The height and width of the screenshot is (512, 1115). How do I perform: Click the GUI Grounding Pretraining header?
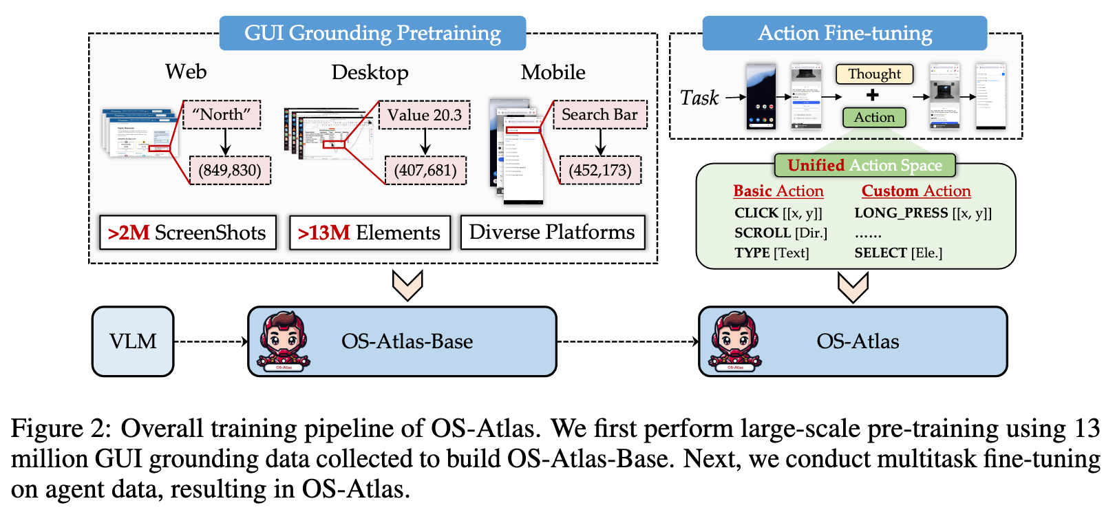(x=372, y=33)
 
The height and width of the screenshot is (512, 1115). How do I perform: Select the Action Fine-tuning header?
(x=845, y=33)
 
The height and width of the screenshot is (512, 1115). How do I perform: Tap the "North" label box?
(x=222, y=114)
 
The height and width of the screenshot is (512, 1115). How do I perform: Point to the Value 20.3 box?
(x=425, y=115)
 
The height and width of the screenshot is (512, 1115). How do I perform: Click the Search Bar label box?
(x=599, y=114)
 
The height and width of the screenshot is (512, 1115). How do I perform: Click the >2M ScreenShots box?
(x=187, y=233)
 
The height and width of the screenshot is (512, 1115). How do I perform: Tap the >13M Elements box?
(x=370, y=233)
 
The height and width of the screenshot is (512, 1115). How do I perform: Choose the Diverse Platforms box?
(x=552, y=232)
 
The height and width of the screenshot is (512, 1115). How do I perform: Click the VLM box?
(x=133, y=341)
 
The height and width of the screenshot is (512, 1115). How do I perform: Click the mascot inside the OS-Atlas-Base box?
(x=283, y=341)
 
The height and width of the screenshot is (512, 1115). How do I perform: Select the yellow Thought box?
(x=874, y=74)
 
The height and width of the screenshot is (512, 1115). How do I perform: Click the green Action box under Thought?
(x=874, y=117)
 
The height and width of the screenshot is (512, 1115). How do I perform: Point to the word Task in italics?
(x=699, y=98)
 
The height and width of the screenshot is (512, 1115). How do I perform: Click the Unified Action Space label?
(x=864, y=165)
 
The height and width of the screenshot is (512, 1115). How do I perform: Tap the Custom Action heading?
(x=915, y=191)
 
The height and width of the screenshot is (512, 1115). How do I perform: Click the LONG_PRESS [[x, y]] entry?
(x=922, y=213)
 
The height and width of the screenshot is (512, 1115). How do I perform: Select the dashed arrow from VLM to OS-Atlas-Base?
(x=210, y=341)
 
